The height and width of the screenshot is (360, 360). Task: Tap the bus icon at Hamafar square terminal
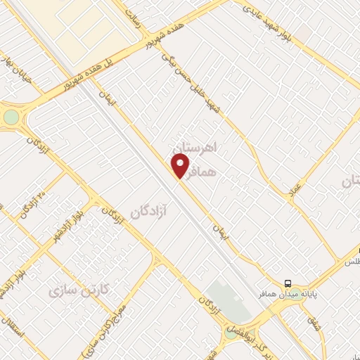288,283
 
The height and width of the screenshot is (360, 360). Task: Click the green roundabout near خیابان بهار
11,117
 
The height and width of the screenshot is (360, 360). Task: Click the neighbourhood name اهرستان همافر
204,159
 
